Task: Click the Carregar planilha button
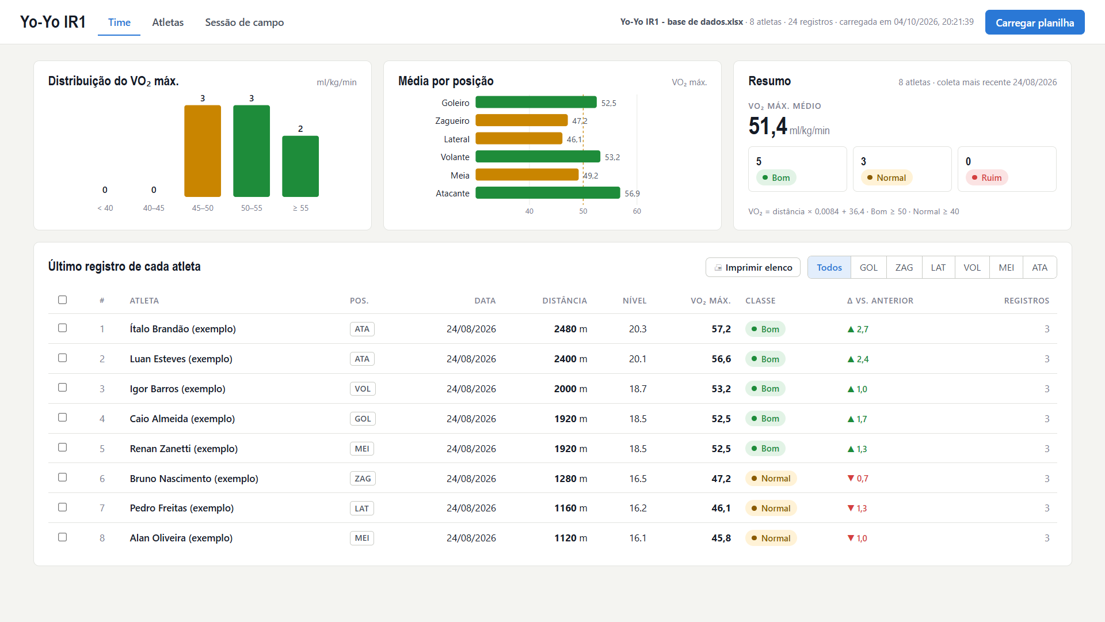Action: (x=1035, y=22)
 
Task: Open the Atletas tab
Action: (x=168, y=22)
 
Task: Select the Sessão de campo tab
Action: (x=245, y=22)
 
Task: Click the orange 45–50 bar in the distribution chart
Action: (x=203, y=151)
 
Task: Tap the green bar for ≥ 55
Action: (x=300, y=166)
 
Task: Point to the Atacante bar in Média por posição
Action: (x=548, y=193)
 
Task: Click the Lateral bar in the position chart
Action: (x=519, y=139)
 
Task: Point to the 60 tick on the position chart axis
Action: (x=637, y=211)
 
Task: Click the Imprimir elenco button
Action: (x=753, y=267)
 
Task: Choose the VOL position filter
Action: (x=972, y=267)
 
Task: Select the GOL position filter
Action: (x=868, y=267)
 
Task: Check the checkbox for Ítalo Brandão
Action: (x=63, y=328)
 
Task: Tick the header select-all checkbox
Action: (x=63, y=299)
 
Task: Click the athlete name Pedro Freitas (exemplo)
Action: (x=182, y=508)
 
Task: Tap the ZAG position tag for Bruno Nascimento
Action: (x=363, y=479)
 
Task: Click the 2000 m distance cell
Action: (x=571, y=389)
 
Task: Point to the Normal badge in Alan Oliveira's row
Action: (x=771, y=538)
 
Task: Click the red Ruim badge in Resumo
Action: (x=986, y=177)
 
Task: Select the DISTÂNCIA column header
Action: (x=565, y=301)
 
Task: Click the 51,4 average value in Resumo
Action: (x=768, y=126)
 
